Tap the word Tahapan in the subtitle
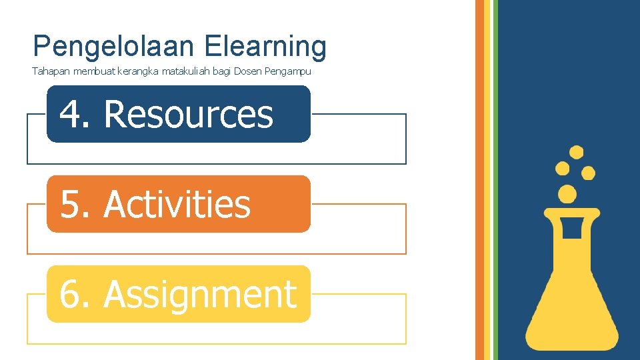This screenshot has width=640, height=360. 49,71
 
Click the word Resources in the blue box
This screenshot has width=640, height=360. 189,114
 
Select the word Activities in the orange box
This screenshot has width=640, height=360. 177,204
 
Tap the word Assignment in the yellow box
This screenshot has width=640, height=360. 200,294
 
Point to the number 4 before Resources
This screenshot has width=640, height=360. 72,114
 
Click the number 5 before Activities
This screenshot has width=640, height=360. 72,204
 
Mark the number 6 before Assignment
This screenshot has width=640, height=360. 72,294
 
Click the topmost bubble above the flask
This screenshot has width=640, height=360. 577,153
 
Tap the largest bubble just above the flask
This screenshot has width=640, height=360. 567,194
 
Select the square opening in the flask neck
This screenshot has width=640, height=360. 572,228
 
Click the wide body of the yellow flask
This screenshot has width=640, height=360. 572,307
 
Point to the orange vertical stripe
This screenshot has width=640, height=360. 479,180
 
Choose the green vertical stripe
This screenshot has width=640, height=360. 495,180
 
